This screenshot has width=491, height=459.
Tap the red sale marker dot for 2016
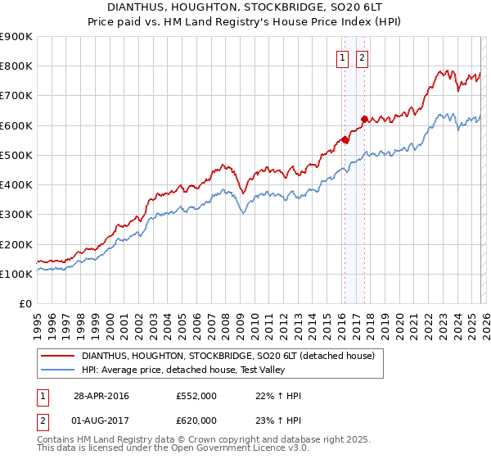[x=345, y=140]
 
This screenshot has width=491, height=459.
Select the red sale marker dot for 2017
[x=364, y=120]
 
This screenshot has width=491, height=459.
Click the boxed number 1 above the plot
[x=341, y=57]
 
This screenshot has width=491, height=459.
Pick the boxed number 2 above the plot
[x=361, y=57]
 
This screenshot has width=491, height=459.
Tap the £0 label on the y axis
[x=26, y=304]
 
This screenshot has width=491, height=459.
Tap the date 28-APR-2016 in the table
[x=101, y=396]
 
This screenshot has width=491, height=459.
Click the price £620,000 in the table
[x=196, y=420]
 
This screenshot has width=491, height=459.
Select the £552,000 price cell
[x=196, y=396]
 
